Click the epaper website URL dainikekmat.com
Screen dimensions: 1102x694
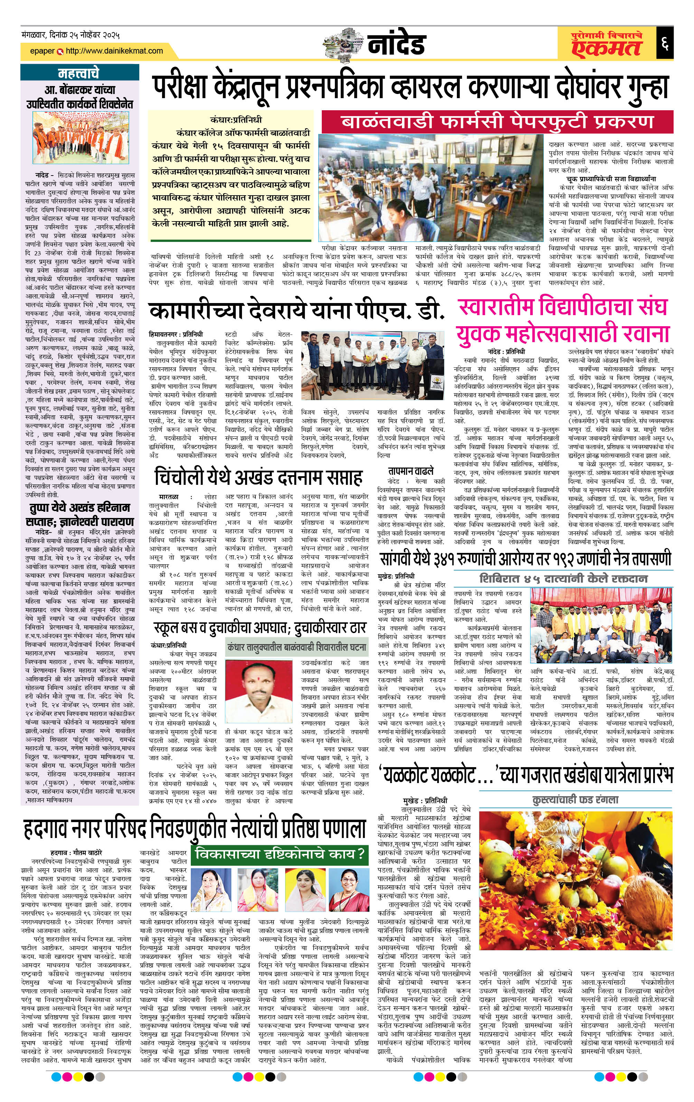coord(114,51)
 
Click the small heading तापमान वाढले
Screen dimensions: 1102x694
coord(411,471)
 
